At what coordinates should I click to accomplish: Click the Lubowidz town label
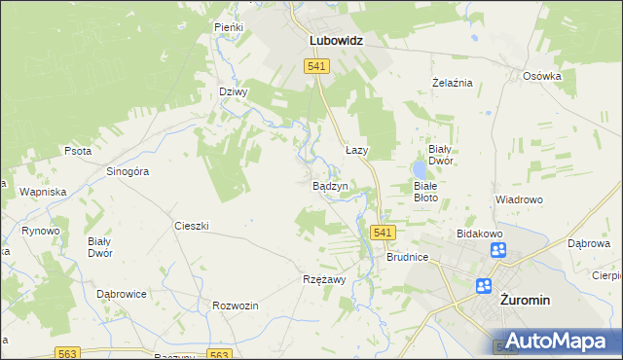(x=336, y=42)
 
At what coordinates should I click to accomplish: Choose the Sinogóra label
(x=127, y=171)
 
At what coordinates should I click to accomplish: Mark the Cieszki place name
(x=192, y=226)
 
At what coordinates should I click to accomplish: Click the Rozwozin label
(x=235, y=306)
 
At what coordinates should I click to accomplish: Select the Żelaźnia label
(x=452, y=83)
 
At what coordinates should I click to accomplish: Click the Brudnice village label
(x=407, y=258)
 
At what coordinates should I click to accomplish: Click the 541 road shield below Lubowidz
(x=316, y=65)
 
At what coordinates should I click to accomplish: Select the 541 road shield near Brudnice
(x=383, y=233)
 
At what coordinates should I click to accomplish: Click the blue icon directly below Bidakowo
(x=498, y=250)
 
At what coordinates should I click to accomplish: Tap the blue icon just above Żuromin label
(x=484, y=285)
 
